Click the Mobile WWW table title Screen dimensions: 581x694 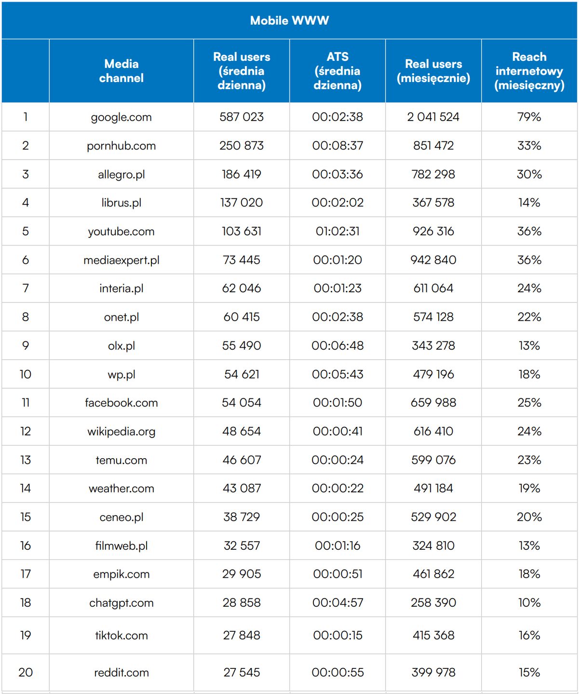(x=289, y=21)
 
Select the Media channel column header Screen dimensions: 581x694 (x=122, y=71)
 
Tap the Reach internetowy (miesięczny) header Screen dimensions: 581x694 (x=529, y=71)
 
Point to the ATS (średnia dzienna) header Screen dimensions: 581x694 (x=338, y=71)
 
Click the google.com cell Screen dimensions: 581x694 (x=122, y=117)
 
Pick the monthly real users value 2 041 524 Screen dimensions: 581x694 (x=433, y=117)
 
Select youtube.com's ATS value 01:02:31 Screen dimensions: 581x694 (x=338, y=231)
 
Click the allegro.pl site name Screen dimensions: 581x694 (x=122, y=175)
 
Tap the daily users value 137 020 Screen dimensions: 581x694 (x=241, y=203)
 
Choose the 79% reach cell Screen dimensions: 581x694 (x=529, y=117)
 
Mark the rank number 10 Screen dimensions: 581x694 (x=25, y=374)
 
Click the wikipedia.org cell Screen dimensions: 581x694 (x=122, y=432)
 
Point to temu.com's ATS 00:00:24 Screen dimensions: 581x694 (x=338, y=460)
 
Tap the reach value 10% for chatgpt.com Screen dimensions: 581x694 (x=529, y=603)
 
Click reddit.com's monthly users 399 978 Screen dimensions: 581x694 (x=433, y=673)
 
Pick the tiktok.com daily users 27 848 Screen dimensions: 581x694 (x=241, y=636)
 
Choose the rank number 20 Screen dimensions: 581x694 (x=25, y=673)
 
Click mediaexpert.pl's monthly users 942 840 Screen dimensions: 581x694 (x=433, y=260)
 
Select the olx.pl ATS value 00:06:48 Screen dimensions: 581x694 (x=338, y=346)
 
